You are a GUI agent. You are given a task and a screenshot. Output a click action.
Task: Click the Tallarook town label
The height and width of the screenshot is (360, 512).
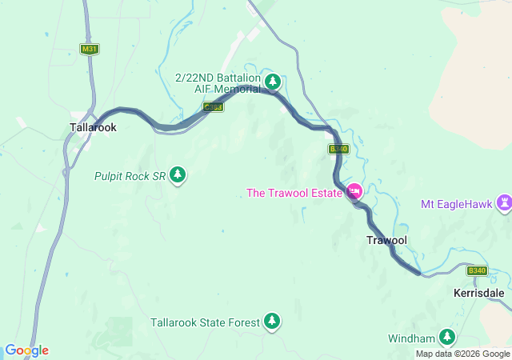[93, 127]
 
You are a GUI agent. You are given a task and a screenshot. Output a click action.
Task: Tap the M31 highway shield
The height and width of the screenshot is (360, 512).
[90, 49]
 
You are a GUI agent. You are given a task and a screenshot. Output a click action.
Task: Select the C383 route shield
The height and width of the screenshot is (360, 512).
[213, 106]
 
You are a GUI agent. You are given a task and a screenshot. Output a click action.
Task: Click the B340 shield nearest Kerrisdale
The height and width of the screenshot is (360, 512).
[478, 270]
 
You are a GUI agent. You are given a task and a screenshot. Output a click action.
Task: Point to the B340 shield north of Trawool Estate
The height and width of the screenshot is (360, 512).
[338, 149]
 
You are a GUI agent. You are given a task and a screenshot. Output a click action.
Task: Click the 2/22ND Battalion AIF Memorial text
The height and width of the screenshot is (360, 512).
[218, 82]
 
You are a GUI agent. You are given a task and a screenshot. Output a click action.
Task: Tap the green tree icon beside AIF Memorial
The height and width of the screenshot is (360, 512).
[273, 81]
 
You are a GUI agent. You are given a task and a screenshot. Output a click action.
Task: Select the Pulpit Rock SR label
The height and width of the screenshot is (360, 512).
[130, 175]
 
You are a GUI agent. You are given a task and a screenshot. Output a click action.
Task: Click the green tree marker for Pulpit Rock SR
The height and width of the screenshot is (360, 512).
[177, 174]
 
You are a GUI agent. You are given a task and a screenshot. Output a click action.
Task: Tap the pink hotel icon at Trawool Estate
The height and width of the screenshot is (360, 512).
[354, 191]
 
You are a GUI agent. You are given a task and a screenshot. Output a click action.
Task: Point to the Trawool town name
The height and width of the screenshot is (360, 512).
[386, 240]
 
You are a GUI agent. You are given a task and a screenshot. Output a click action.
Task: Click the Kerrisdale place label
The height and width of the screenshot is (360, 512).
[478, 294]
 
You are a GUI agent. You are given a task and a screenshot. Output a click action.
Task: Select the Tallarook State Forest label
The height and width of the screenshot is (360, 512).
[205, 322]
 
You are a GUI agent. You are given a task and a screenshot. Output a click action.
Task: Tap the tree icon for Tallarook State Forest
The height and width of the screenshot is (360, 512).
[273, 321]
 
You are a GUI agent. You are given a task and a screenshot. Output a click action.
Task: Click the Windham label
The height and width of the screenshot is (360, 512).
[411, 338]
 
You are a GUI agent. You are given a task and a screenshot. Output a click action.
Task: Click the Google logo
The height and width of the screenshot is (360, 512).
[26, 350]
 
